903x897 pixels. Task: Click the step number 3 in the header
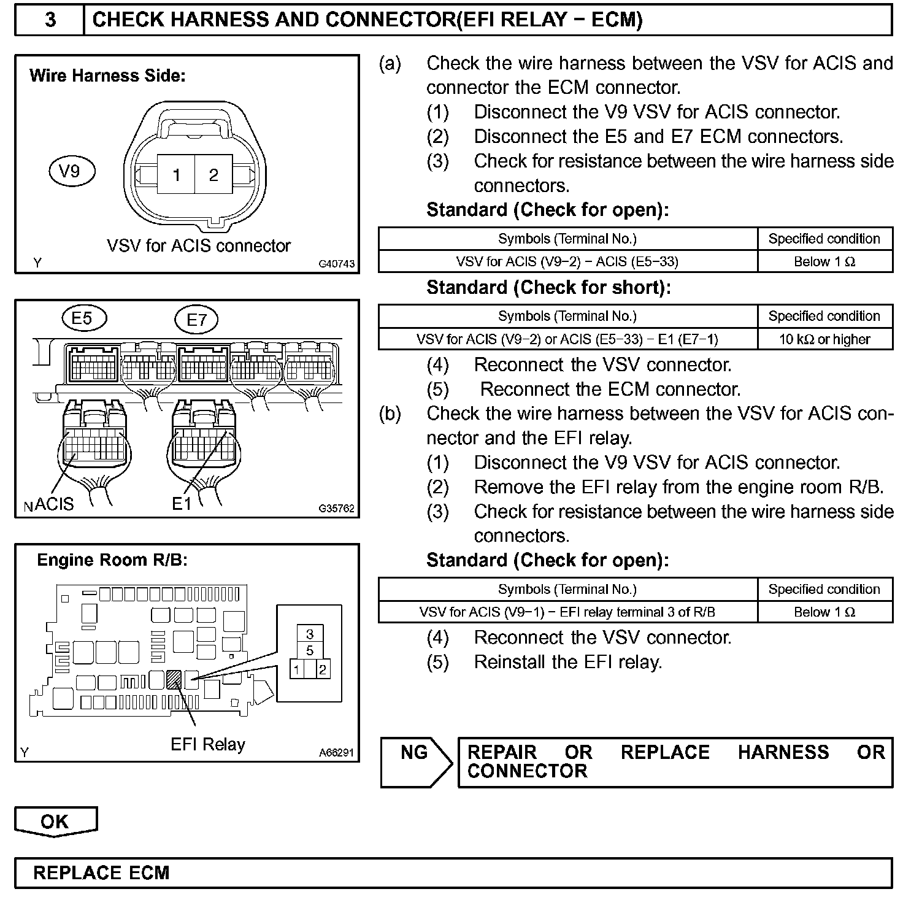tap(50, 20)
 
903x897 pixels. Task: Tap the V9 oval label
tap(72, 171)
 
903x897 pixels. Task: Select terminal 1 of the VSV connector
tap(176, 175)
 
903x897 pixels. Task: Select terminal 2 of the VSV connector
tap(213, 175)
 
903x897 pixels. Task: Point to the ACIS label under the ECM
tap(55, 504)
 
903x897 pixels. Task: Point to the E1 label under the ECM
tap(182, 504)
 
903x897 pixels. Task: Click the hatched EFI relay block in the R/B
tap(174, 680)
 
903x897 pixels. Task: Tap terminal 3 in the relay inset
tap(310, 634)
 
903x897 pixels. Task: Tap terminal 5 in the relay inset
tap(310, 650)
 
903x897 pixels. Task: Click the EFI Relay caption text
tap(207, 744)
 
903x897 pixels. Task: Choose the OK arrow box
tap(55, 822)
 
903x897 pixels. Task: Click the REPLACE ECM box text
tap(101, 873)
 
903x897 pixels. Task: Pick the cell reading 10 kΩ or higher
tap(824, 339)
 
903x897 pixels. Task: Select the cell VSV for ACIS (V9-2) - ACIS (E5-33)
tap(567, 262)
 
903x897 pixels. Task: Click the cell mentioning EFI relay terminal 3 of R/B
tap(567, 612)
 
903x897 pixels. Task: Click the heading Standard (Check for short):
tap(548, 288)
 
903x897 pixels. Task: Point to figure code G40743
tap(336, 264)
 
